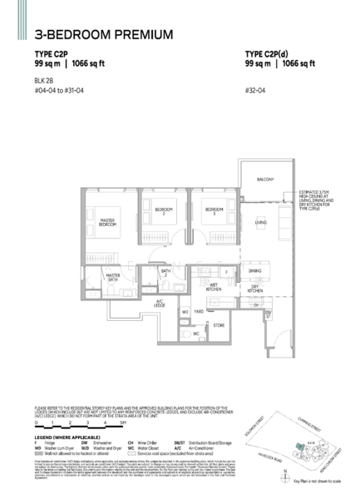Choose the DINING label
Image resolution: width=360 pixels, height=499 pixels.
pos(254,272)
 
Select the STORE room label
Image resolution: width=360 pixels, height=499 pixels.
pos(219,324)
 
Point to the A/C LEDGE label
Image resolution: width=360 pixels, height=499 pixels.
pos(159,303)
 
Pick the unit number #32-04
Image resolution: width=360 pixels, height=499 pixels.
pos(254,89)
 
